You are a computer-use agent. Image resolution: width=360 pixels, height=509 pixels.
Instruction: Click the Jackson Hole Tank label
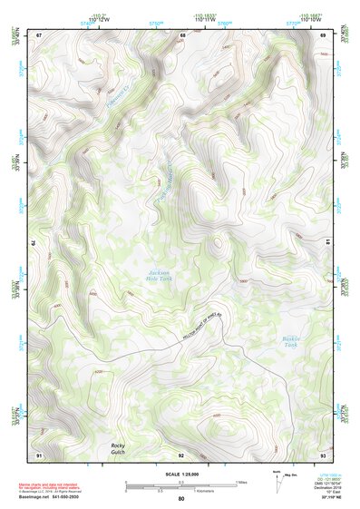[x=160, y=275]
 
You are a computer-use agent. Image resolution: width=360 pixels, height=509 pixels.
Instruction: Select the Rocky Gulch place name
[x=118, y=449]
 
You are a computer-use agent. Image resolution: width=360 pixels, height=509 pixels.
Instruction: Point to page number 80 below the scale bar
[x=180, y=499]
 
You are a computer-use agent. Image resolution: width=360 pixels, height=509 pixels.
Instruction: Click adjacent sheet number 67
[x=39, y=34]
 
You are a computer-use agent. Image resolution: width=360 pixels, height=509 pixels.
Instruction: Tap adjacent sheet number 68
[x=182, y=34]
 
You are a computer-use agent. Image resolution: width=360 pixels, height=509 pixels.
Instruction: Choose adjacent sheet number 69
[x=324, y=34]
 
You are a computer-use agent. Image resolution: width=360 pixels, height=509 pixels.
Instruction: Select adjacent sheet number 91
[x=39, y=454]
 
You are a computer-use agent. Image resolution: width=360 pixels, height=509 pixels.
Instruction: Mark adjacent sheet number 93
[x=323, y=454]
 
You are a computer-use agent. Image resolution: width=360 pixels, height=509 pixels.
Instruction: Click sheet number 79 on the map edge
[x=34, y=243]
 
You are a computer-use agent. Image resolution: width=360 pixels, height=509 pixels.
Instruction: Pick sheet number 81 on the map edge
[x=327, y=243]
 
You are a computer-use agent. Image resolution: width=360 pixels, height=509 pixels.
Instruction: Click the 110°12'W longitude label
[x=96, y=20]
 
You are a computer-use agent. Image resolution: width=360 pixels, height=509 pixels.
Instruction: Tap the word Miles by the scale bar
[x=241, y=482]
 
